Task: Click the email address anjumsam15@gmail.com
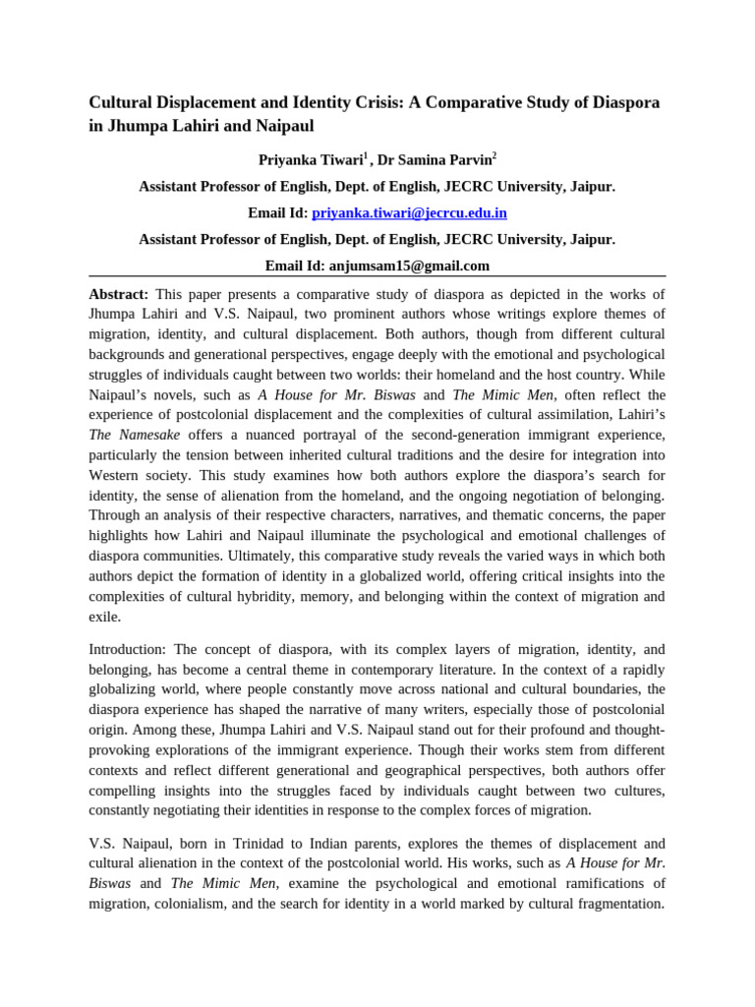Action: pyautogui.click(x=419, y=266)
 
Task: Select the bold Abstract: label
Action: pyautogui.click(x=119, y=294)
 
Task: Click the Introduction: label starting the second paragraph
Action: pyautogui.click(x=128, y=650)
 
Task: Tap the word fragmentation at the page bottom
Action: pyautogui.click(x=615, y=903)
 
